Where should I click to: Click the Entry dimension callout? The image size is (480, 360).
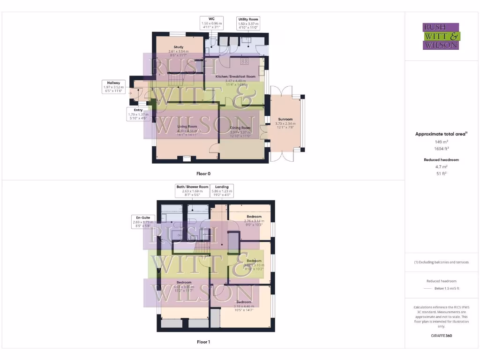pyautogui.click(x=138, y=114)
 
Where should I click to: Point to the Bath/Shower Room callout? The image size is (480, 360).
pyautogui.click(x=192, y=191)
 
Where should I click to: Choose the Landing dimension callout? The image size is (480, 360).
pyautogui.click(x=222, y=191)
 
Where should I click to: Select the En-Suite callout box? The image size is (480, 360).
pyautogui.click(x=142, y=222)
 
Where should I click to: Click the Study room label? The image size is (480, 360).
pyautogui.click(x=178, y=47)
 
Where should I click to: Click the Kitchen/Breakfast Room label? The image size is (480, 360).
pyautogui.click(x=235, y=76)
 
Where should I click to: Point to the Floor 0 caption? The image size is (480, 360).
pyautogui.click(x=203, y=173)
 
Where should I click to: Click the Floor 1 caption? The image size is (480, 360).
pyautogui.click(x=203, y=342)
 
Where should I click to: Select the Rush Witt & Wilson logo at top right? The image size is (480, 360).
pyautogui.click(x=441, y=36)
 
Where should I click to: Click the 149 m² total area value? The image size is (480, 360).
pyautogui.click(x=441, y=141)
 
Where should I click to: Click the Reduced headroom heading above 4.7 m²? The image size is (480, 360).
pyautogui.click(x=441, y=160)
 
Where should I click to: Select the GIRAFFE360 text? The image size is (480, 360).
pyautogui.click(x=441, y=336)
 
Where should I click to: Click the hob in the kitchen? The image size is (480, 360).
pyautogui.click(x=244, y=61)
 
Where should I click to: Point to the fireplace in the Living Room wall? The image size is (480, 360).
pyautogui.click(x=187, y=158)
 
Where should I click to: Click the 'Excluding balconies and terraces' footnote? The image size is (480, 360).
pyautogui.click(x=441, y=262)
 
